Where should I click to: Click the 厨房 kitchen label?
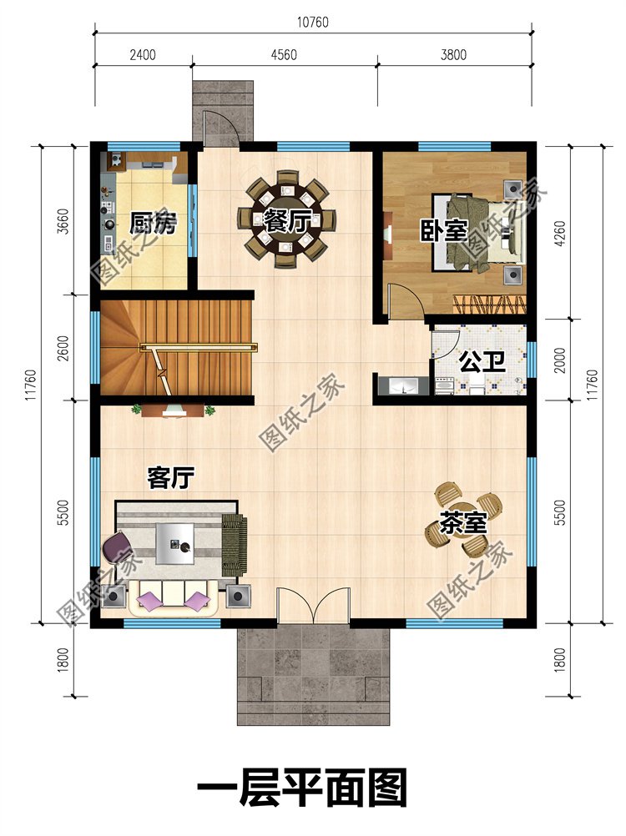point(153,224)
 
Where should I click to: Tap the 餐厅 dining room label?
point(287,221)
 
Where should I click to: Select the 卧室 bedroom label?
point(444,230)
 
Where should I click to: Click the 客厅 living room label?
point(170,478)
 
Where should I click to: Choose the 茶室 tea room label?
point(463,523)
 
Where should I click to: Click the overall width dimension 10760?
point(312,22)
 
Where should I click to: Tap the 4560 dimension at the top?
point(284,54)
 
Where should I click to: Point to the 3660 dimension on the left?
point(63,222)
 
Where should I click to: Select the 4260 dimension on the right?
point(560,233)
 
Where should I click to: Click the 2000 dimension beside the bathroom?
point(560,360)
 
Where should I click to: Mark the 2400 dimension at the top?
point(143,54)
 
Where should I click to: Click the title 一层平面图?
point(302,787)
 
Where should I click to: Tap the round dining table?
point(288,220)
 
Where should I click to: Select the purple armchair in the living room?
point(115,549)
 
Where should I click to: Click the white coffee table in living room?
point(175,543)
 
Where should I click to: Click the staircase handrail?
point(199,348)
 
